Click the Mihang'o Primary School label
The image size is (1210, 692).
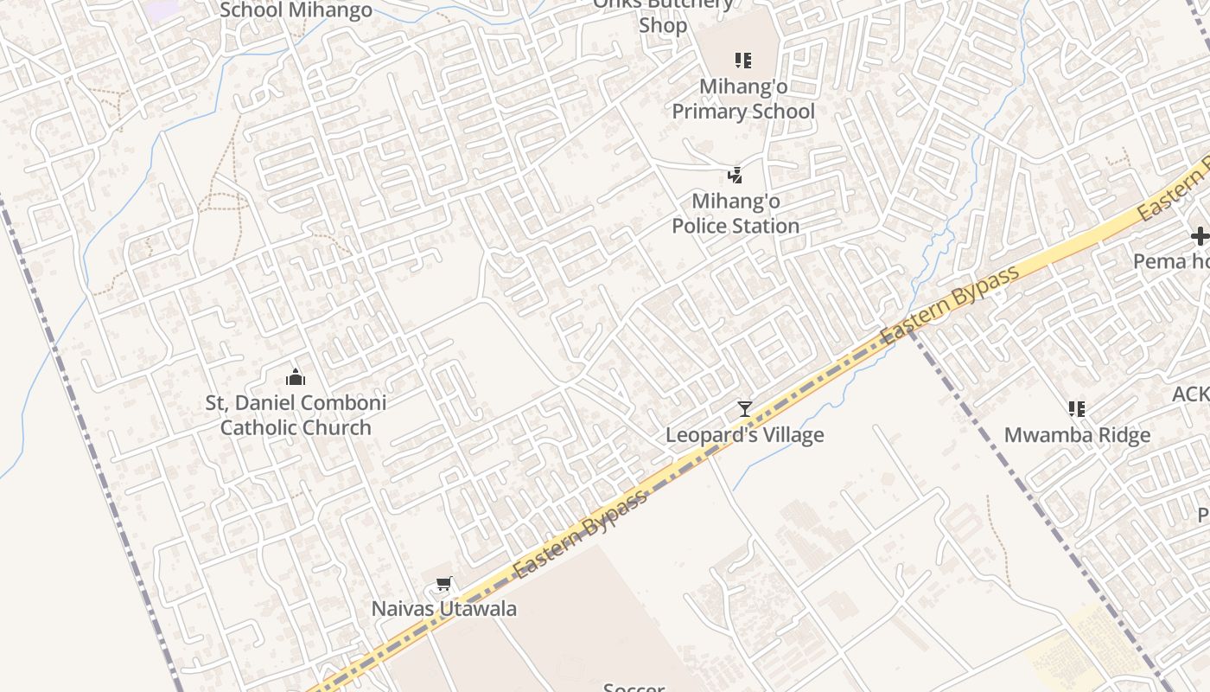coord(743,99)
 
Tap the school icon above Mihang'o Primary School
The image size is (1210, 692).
coord(743,61)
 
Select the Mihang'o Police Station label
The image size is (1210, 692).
coord(736,214)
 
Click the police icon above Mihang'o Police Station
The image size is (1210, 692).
coord(735,176)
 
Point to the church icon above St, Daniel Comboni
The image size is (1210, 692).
coord(296,377)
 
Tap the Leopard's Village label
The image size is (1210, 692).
coord(744,435)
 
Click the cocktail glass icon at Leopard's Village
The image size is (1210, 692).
coord(744,409)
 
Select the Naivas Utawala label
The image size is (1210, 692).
coord(444,609)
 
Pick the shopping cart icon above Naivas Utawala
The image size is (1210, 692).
coord(444,585)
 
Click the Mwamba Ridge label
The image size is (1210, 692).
coord(1077,435)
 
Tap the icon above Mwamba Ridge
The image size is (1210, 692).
coord(1077,408)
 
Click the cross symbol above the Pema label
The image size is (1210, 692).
coord(1200,235)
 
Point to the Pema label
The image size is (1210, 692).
coord(1172,261)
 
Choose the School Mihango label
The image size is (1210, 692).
coord(296,10)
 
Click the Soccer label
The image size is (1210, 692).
coord(634,687)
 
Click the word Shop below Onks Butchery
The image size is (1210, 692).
coord(663,26)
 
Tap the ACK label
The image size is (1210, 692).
coord(1191,394)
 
